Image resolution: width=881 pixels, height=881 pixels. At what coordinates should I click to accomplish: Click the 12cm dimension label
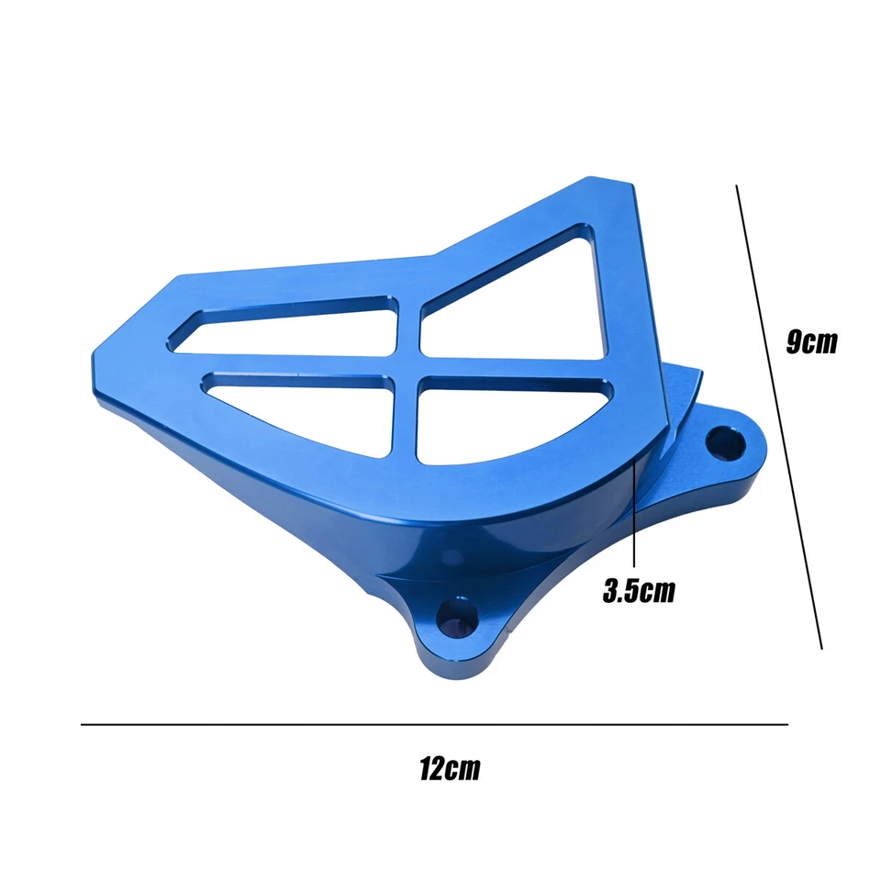tap(450, 769)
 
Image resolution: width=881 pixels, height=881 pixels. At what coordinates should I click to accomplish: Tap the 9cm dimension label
tap(812, 341)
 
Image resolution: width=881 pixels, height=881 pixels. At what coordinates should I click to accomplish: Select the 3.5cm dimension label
tap(639, 591)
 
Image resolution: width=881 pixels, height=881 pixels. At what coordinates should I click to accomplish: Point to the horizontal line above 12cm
tap(434, 725)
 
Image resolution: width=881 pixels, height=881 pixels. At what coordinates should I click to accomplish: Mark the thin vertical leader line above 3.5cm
tap(635, 514)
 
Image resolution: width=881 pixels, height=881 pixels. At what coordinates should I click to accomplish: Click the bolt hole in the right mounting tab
tap(724, 442)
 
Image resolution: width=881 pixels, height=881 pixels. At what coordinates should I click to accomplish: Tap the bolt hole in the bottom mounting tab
tap(460, 619)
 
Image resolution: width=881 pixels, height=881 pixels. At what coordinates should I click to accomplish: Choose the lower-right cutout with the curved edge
tap(500, 418)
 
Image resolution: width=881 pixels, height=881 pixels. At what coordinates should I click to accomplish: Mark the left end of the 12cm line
tap(82, 725)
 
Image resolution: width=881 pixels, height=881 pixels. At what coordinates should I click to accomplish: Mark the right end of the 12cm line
tap(787, 725)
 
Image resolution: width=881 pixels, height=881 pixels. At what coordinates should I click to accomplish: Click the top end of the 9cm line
tap(738, 185)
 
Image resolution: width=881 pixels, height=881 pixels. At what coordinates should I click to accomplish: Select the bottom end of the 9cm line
tap(821, 648)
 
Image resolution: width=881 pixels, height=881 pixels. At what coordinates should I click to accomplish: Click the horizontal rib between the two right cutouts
tap(514, 369)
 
